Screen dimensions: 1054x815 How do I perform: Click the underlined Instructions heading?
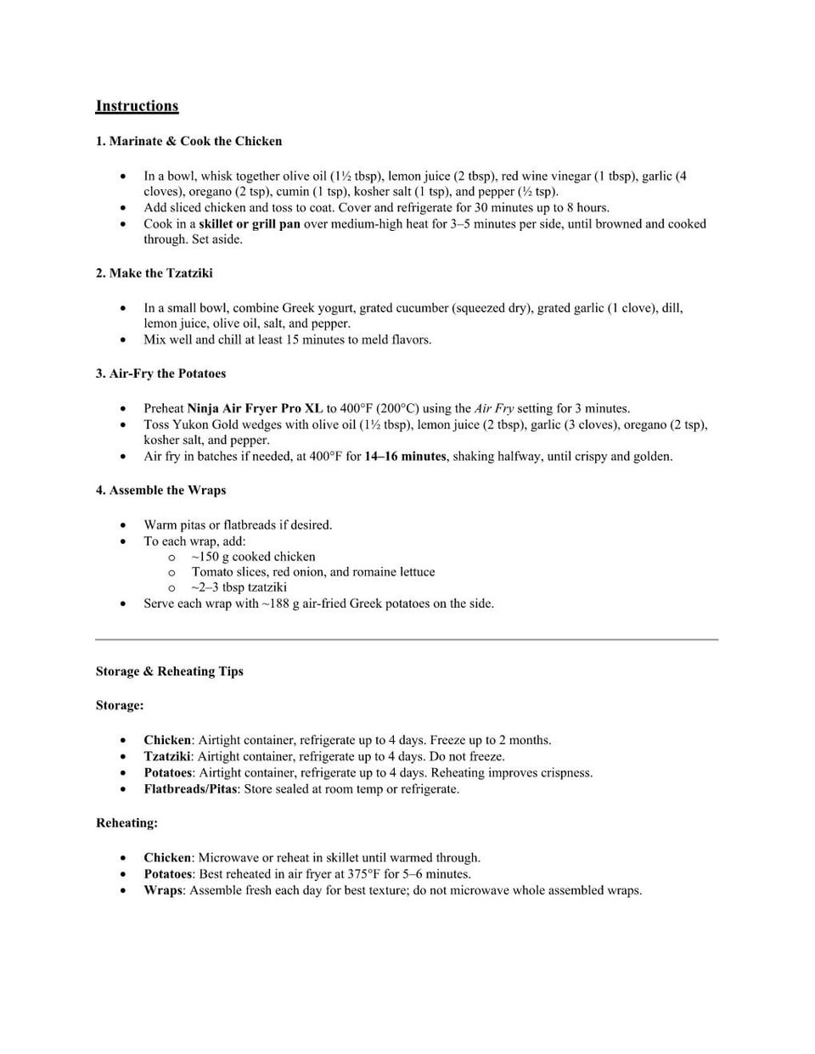(137, 106)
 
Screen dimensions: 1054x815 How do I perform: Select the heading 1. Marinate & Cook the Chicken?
(188, 141)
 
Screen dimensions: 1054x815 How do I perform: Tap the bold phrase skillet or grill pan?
(250, 224)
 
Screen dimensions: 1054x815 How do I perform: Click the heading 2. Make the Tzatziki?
(154, 273)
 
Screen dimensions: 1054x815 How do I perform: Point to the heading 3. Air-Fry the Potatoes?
(160, 373)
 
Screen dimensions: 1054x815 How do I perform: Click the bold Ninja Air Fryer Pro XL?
(255, 408)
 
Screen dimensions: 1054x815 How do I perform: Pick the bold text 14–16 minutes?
(405, 457)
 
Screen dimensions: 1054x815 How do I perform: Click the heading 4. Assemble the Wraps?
(160, 491)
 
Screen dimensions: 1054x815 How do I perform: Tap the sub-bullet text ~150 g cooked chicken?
(253, 557)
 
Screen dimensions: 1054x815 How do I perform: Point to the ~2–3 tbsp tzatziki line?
(239, 587)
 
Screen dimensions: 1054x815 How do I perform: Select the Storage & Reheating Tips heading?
(169, 671)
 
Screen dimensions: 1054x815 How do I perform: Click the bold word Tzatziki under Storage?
(167, 756)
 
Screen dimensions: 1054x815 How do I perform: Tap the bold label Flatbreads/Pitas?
(190, 789)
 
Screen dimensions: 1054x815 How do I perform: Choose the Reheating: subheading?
(126, 823)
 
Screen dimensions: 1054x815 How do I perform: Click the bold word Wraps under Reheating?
(163, 890)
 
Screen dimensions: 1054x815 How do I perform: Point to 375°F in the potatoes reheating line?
(363, 874)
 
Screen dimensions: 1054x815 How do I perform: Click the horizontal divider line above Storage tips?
(407, 639)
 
